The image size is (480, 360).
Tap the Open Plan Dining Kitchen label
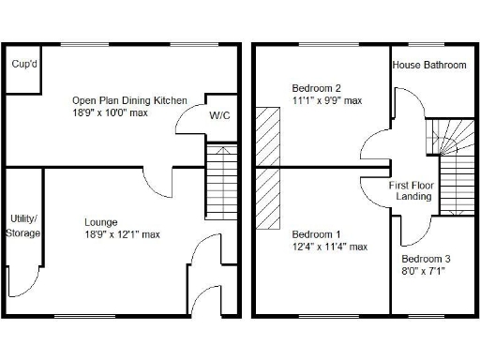(129, 100)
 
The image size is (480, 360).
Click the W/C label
(219, 116)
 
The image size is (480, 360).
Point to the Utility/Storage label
(22, 225)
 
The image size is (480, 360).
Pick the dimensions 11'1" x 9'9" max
(326, 100)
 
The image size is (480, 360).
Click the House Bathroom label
(428, 65)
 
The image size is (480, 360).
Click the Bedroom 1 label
(316, 234)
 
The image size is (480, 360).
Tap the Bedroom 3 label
(425, 260)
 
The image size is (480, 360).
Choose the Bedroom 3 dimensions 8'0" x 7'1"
(425, 272)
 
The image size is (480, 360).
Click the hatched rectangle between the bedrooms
(268, 168)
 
